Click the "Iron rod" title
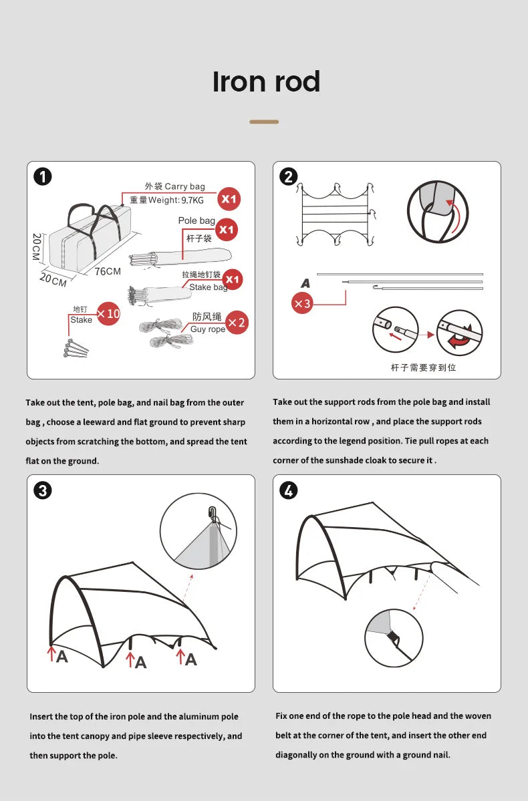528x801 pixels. (266, 82)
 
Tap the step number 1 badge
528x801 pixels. (42, 177)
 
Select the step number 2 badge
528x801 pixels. (288, 177)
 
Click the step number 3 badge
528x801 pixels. (42, 491)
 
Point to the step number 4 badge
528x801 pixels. (288, 491)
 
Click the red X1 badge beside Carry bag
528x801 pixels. (229, 198)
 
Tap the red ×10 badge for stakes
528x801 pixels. (108, 313)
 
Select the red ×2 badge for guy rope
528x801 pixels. (237, 323)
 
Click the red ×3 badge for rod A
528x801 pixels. (303, 303)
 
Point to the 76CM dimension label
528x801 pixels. (108, 271)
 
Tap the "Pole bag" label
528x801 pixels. (196, 220)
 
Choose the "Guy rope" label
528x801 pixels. (208, 329)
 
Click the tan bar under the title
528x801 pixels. (264, 122)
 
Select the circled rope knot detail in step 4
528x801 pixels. (394, 637)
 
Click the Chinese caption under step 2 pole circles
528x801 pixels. (423, 367)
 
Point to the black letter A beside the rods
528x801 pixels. (305, 283)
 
